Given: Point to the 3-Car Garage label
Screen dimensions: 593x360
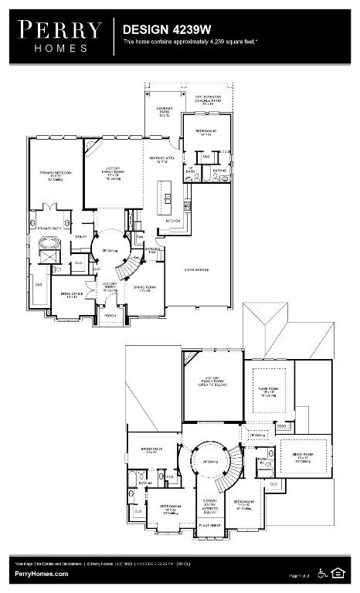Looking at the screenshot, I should click(x=198, y=269).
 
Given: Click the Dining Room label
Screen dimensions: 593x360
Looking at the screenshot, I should click(x=145, y=288).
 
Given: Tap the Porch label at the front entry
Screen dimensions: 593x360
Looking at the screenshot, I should click(x=110, y=315).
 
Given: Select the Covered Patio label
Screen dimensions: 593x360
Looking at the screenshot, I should click(x=164, y=113).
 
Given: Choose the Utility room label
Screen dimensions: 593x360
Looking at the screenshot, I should click(x=80, y=238).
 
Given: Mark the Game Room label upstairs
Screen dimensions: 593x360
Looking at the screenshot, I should click(x=270, y=392).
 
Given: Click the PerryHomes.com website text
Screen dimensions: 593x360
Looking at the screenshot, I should click(x=41, y=574).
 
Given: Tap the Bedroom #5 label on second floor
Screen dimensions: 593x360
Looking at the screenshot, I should click(x=151, y=449).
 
